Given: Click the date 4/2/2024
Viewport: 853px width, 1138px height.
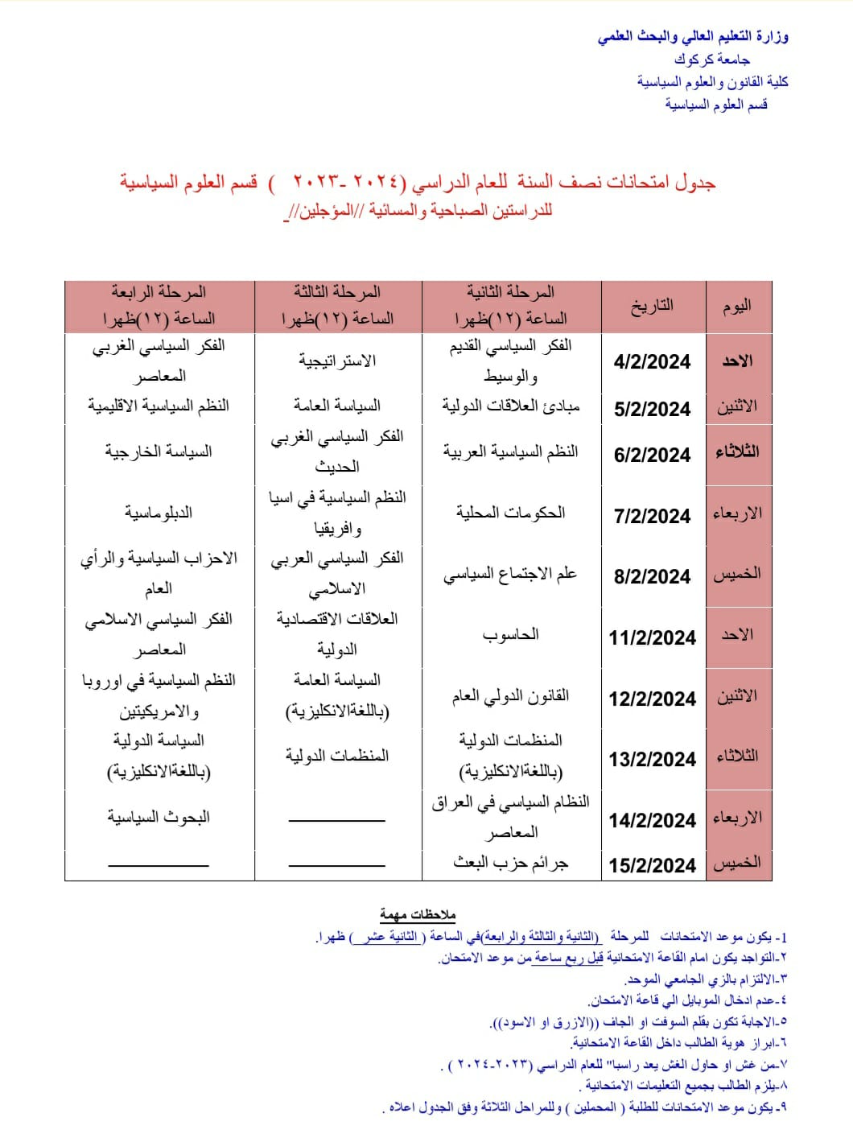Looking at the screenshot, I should click(x=652, y=362).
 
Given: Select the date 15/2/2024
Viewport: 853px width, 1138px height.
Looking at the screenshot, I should click(x=652, y=865).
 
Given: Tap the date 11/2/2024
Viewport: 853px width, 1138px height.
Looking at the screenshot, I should click(x=652, y=638).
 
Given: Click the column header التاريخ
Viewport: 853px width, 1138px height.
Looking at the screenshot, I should click(x=652, y=306).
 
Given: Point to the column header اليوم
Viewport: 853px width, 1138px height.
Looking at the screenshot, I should click(x=737, y=306).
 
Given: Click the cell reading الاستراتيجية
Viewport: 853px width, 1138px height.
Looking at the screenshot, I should click(x=337, y=361).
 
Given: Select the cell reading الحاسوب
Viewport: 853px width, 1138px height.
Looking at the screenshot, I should click(x=510, y=635).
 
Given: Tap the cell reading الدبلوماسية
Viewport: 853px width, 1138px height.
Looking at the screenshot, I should click(x=159, y=513).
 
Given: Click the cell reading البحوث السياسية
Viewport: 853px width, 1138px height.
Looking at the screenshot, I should click(x=159, y=818).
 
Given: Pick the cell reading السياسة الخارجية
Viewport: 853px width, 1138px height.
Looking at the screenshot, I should click(x=159, y=451).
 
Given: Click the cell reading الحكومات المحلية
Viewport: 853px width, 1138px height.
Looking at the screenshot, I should click(x=510, y=513).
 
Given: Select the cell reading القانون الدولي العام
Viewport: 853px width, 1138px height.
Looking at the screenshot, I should click(x=510, y=696).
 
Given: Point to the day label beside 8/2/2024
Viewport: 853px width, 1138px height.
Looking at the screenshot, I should click(x=737, y=575).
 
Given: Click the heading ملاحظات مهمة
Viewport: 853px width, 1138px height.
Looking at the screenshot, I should click(x=418, y=915).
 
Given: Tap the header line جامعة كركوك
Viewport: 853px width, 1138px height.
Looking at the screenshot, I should click(x=712, y=60).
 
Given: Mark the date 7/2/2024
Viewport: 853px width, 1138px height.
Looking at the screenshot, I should click(x=652, y=516).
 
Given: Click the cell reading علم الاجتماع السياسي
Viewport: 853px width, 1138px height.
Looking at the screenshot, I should click(x=510, y=575).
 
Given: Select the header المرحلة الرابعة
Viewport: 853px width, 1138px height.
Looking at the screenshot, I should click(x=159, y=292).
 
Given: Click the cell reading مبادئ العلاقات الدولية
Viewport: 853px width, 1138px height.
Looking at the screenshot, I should click(x=510, y=406).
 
